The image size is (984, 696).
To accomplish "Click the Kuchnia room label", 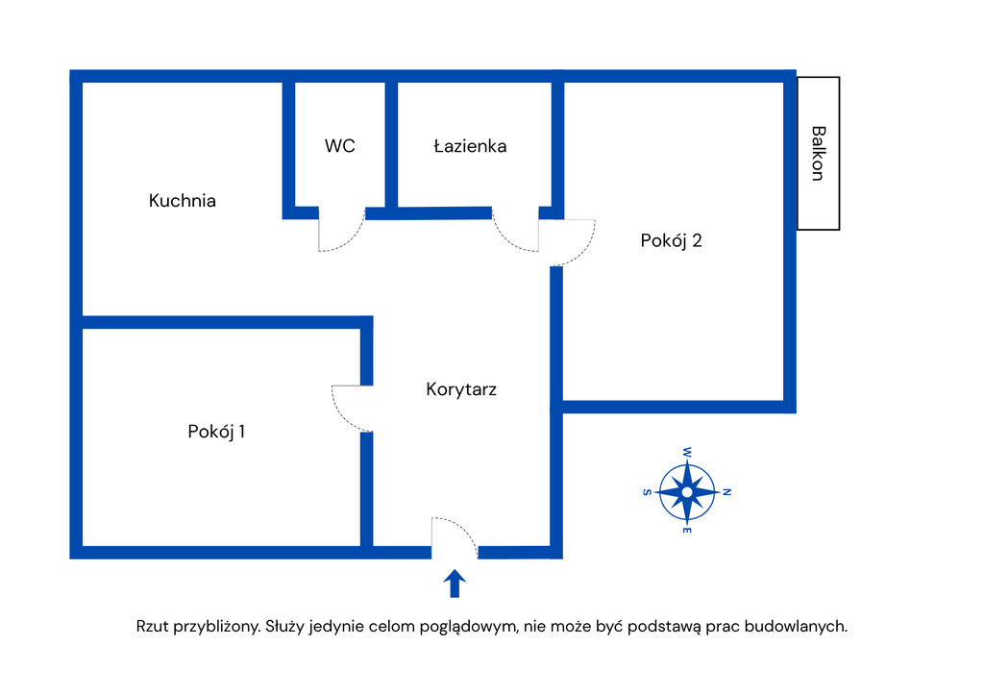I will point(183,201).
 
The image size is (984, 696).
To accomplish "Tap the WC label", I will point(339,146).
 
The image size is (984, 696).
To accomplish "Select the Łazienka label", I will point(470,146).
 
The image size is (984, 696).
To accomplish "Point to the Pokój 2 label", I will point(672,240).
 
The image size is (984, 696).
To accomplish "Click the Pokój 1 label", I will point(216,432).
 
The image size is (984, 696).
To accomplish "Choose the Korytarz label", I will point(461,389).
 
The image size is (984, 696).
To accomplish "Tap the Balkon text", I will point(818,153).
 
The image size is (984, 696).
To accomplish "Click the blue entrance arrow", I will point(455,583).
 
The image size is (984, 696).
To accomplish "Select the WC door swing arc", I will point(346,236).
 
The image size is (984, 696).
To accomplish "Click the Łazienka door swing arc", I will point(509,236).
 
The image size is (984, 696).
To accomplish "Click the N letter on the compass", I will point(727,492).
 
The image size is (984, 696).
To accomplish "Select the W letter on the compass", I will point(687,451).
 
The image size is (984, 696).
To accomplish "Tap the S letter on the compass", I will point(646,492).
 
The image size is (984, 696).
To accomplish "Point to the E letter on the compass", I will point(687,532).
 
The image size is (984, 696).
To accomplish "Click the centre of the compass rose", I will point(687,492).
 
